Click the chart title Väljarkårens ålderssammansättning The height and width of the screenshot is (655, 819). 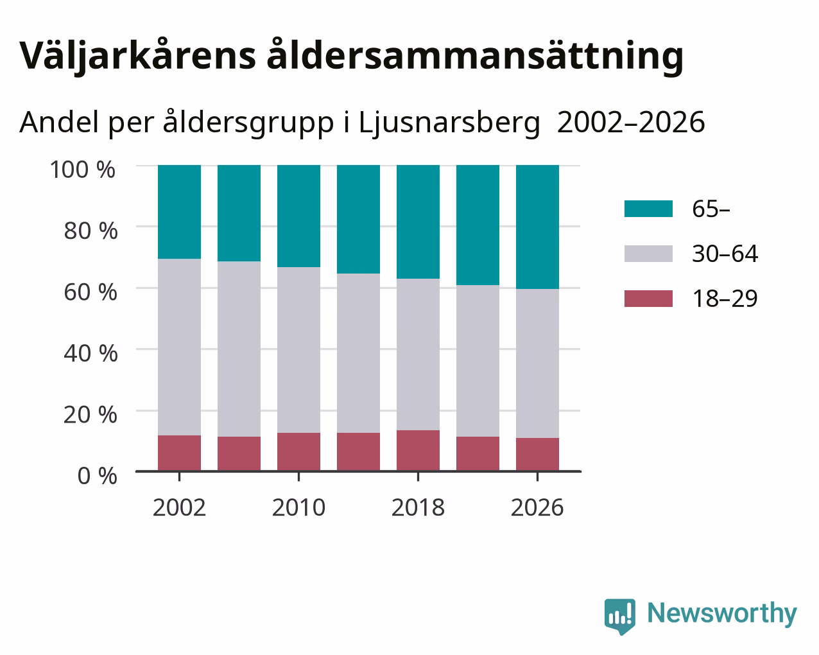351,57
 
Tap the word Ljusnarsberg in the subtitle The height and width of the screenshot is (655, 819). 449,123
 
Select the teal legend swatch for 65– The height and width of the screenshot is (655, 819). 648,209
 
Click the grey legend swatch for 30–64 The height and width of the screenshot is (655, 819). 648,254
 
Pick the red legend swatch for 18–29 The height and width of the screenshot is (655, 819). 648,299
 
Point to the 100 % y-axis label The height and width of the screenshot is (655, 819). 82,170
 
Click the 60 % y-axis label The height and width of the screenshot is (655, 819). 91,292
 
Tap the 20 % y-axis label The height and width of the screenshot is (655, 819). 91,415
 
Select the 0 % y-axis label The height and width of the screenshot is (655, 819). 97,476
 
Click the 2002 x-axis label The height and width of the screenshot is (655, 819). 179,507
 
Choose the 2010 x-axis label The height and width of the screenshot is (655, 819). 298,507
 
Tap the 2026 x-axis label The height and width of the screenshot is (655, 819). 537,507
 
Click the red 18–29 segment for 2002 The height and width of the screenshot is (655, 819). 179,453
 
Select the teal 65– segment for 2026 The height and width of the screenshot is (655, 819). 537,227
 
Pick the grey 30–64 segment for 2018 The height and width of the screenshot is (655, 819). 418,354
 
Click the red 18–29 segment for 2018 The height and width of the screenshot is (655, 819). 418,451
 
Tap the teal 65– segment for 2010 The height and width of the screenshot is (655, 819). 298,216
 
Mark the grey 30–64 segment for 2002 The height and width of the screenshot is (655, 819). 179,347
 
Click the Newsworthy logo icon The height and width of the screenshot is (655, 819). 620,616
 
